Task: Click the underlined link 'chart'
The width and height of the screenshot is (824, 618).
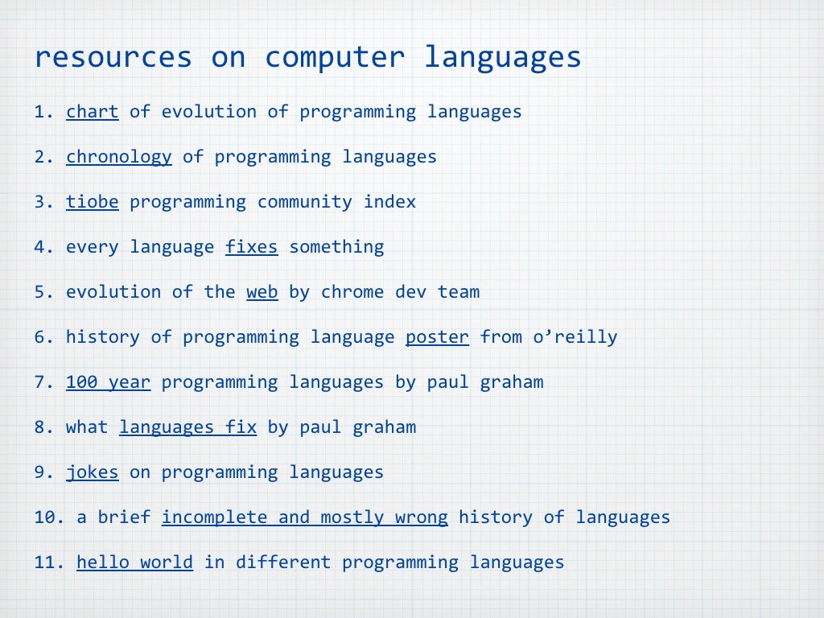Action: coord(92,112)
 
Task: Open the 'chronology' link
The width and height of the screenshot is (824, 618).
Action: coord(118,157)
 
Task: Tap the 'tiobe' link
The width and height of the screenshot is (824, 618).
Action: coord(92,202)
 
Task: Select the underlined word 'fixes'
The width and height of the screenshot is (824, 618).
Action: coord(251,247)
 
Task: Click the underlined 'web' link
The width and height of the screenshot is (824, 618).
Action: coord(262,292)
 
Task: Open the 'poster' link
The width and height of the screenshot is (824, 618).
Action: coord(437,337)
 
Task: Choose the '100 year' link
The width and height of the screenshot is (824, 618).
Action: coord(108,382)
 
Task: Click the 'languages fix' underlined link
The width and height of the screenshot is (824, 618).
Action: coord(187,427)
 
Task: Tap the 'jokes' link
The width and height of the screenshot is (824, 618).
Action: coord(92,472)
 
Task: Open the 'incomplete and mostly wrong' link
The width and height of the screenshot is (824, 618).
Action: coord(304,517)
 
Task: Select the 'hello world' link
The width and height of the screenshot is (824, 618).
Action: coord(134,562)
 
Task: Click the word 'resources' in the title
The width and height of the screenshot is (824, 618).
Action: coord(113,58)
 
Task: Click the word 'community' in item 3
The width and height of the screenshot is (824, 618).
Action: coord(304,202)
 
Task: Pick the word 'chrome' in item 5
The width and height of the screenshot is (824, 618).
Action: coord(352,292)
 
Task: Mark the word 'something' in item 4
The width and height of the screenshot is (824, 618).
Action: coord(336,247)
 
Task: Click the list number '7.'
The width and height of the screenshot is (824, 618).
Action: coord(43,382)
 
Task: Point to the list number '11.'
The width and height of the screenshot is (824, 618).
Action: coord(48,562)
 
